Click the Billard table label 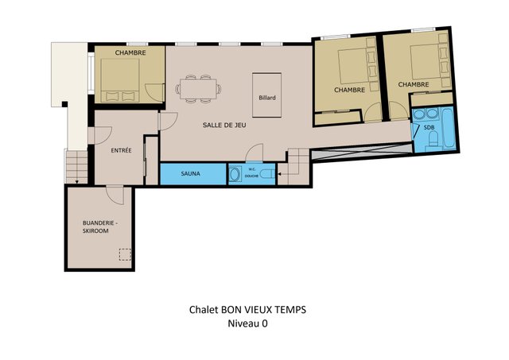pos(267,98)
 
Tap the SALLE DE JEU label pos(224,125)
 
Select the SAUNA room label pos(191,173)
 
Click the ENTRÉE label pos(121,150)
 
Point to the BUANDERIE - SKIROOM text pos(99,227)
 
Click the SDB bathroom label pos(429,127)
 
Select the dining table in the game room pos(198,88)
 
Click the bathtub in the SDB pos(449,128)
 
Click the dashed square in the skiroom pos(125,254)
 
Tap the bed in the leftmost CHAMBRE pos(120,80)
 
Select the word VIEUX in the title pos(256,310)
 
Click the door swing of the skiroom pos(115,195)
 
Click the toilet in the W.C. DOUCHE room pos(267,174)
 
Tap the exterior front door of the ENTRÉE pos(100,135)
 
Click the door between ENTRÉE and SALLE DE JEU pos(168,121)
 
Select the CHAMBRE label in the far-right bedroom pos(414,84)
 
